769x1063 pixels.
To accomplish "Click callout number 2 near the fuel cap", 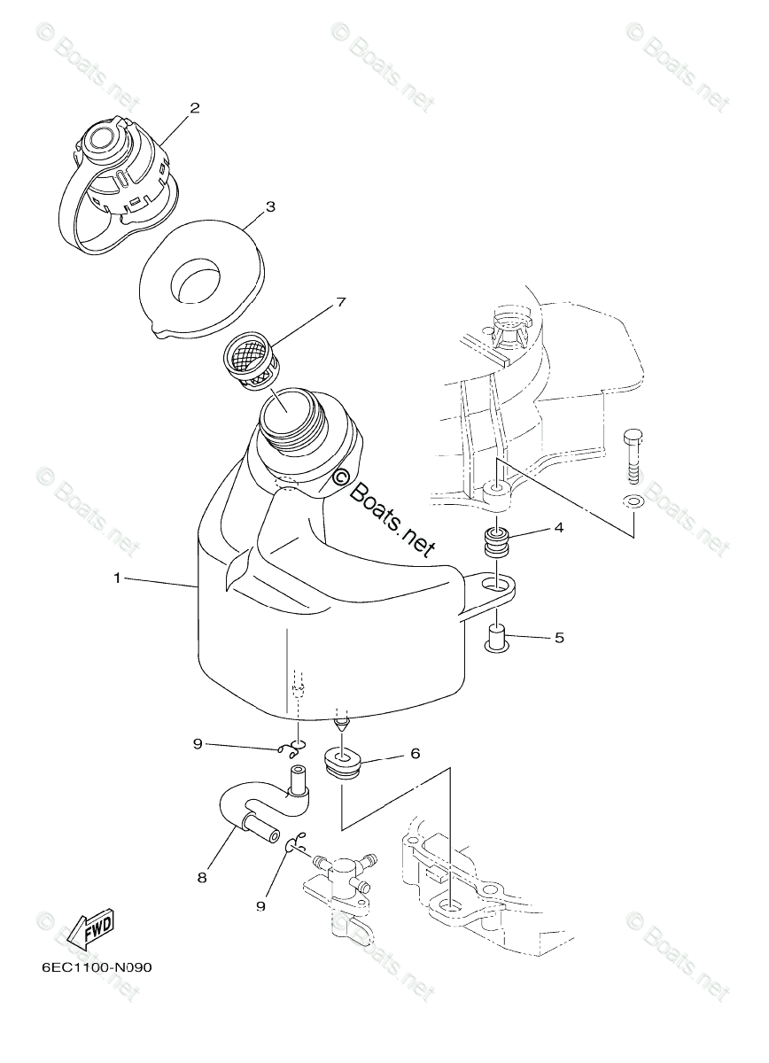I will point(194,108).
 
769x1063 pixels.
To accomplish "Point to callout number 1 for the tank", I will point(117,578).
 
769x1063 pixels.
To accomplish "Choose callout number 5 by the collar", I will point(558,637).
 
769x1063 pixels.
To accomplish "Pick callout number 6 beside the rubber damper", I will point(414,754).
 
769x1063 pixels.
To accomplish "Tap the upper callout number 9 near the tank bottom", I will point(198,744).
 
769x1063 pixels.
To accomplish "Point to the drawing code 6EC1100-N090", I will point(97,967).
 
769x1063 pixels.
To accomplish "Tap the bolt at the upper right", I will point(634,457).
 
